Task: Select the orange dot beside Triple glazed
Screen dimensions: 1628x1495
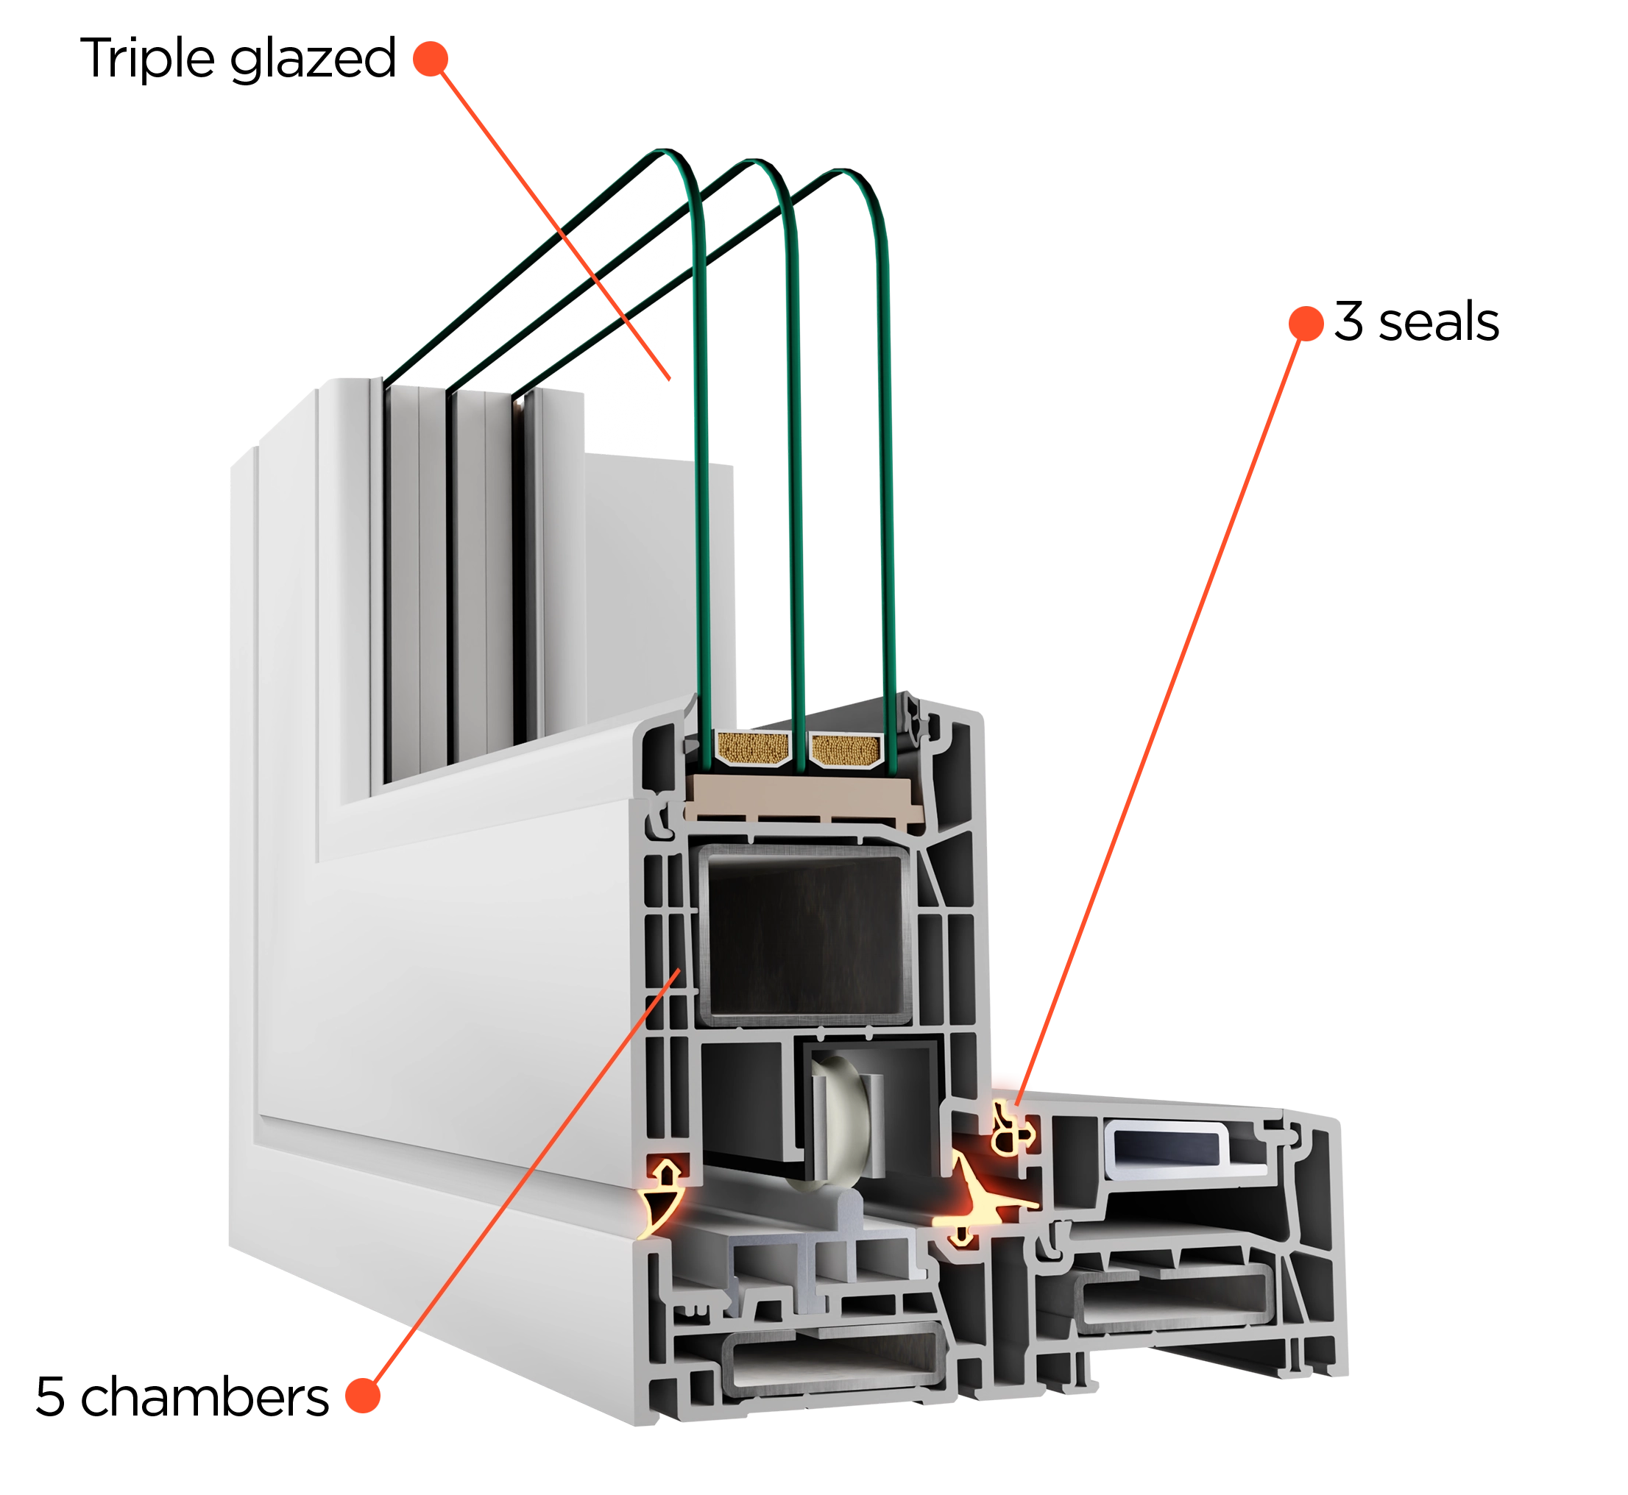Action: coord(431,59)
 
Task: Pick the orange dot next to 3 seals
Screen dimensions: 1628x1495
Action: coord(1306,324)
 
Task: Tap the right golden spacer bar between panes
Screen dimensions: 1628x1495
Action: coord(846,750)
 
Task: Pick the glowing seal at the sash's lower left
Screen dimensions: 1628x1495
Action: coord(664,1193)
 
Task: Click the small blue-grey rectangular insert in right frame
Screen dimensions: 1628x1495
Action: coord(1167,1146)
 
